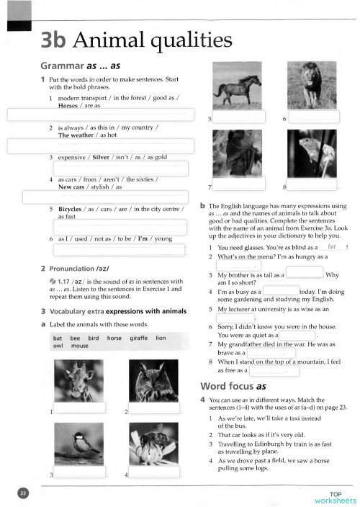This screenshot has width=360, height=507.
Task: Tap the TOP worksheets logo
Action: point(335,497)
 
